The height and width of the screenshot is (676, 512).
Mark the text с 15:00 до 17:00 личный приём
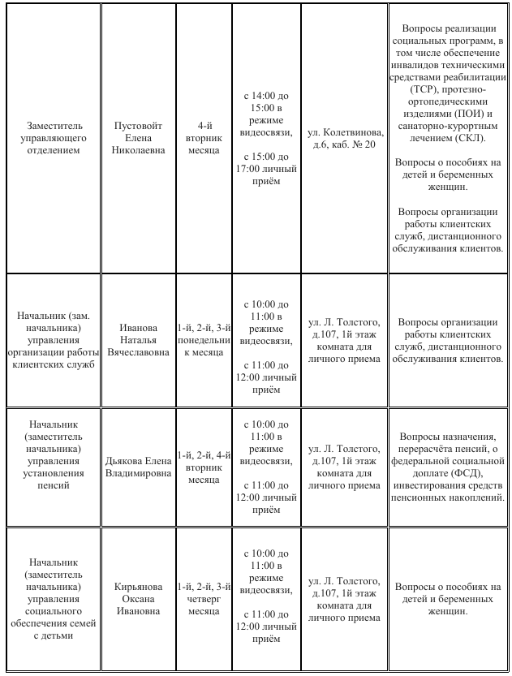click(266, 168)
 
